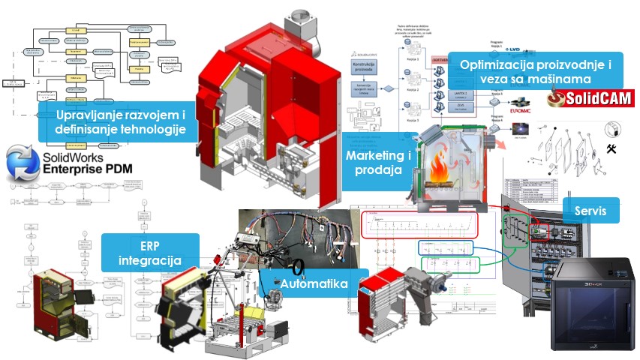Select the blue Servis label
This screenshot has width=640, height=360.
591,210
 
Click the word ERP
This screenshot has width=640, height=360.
150,246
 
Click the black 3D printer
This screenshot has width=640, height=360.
590,303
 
